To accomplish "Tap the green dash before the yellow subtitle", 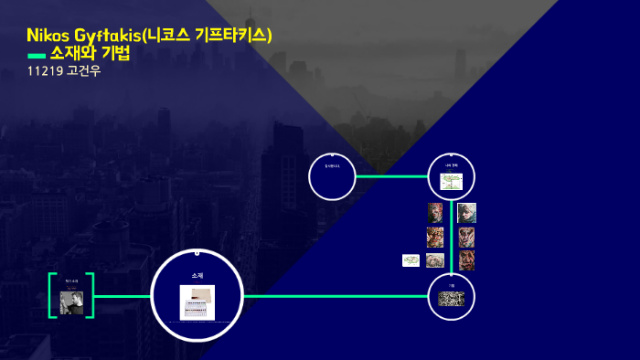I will point(36,56).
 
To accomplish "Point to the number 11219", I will point(45,71).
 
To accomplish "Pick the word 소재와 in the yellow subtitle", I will point(73,54).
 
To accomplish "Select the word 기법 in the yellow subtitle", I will point(116,54).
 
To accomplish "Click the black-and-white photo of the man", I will point(71,302).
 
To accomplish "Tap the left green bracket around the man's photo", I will point(51,295).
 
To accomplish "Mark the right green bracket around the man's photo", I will point(92,295).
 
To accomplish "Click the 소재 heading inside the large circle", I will point(197,275).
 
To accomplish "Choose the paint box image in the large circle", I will point(197,302).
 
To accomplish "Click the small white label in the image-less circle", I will point(331,166).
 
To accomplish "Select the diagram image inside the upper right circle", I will point(452,181).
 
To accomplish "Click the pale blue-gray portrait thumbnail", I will point(466,213).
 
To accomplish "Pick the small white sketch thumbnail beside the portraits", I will point(411,260).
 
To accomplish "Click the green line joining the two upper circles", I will point(391,176).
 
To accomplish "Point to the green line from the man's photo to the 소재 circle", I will point(122,296).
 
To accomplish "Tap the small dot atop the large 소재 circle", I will point(197,250).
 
